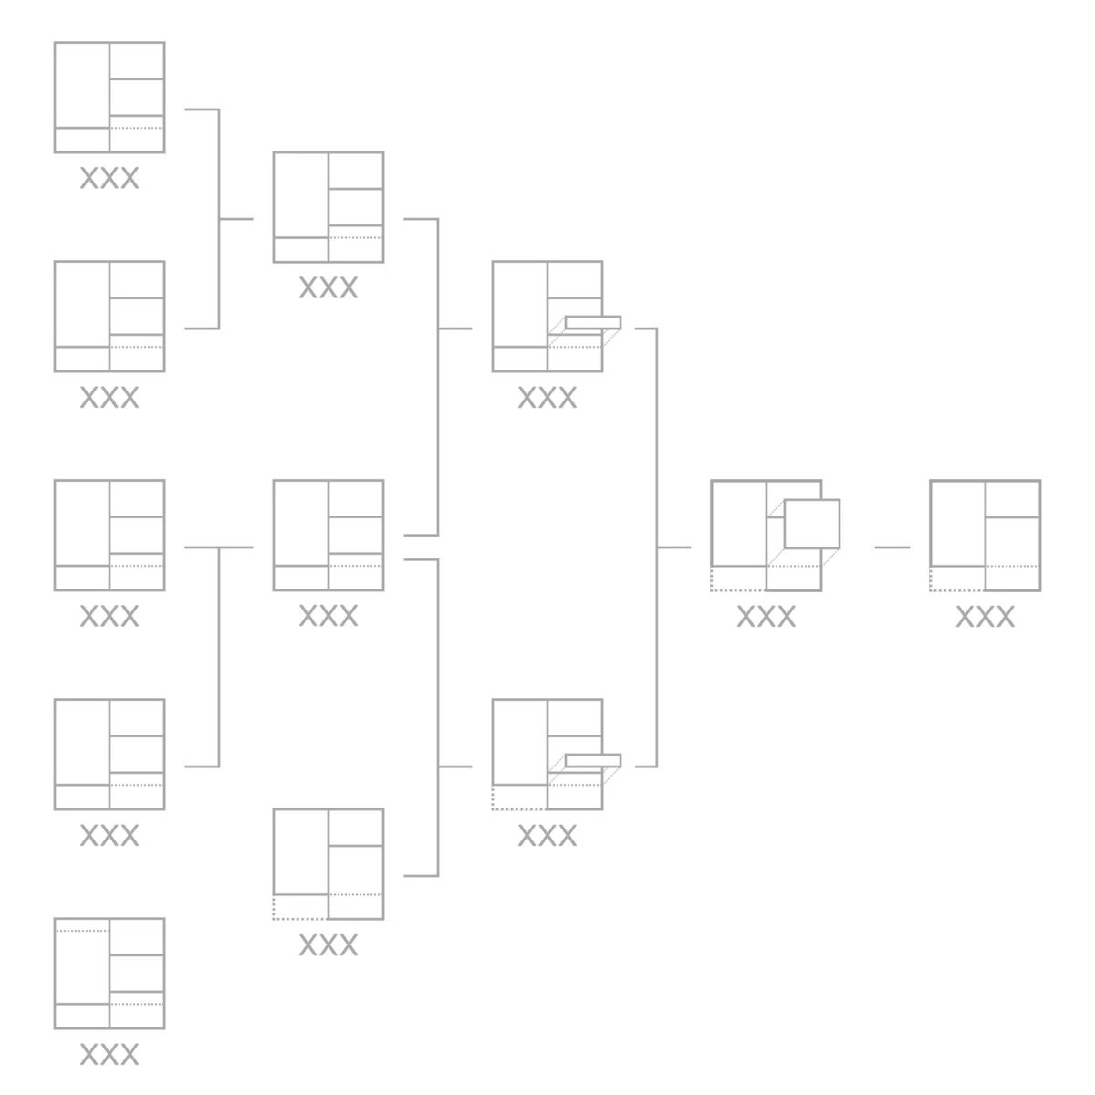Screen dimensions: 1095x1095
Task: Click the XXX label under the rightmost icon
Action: [985, 617]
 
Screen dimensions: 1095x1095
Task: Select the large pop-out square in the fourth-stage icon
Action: [811, 524]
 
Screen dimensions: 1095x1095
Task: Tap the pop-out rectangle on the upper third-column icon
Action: [593, 323]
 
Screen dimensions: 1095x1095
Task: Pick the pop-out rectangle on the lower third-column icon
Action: [593, 761]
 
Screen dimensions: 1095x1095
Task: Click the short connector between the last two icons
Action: [892, 547]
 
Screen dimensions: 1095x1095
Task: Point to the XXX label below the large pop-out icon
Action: [766, 617]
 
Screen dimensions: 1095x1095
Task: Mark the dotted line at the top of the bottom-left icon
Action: [82, 931]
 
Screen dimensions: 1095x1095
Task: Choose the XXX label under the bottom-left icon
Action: [109, 1055]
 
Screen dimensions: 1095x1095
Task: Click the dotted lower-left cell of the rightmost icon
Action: [957, 579]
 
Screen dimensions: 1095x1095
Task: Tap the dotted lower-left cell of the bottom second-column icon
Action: [300, 907]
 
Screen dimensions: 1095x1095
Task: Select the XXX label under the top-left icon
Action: [109, 179]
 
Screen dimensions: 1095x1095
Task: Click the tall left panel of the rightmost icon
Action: [958, 524]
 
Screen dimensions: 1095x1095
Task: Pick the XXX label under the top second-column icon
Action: [328, 288]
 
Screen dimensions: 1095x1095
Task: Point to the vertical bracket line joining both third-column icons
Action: [657, 547]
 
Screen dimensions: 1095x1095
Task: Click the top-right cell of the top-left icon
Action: [137, 60]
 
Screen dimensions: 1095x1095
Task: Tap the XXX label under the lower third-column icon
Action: [547, 836]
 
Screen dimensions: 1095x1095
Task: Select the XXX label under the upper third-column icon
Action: [547, 398]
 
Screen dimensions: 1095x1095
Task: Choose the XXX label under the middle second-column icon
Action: [328, 616]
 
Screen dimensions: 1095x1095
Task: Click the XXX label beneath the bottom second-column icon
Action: [328, 945]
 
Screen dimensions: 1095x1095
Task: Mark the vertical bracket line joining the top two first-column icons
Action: [219, 219]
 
